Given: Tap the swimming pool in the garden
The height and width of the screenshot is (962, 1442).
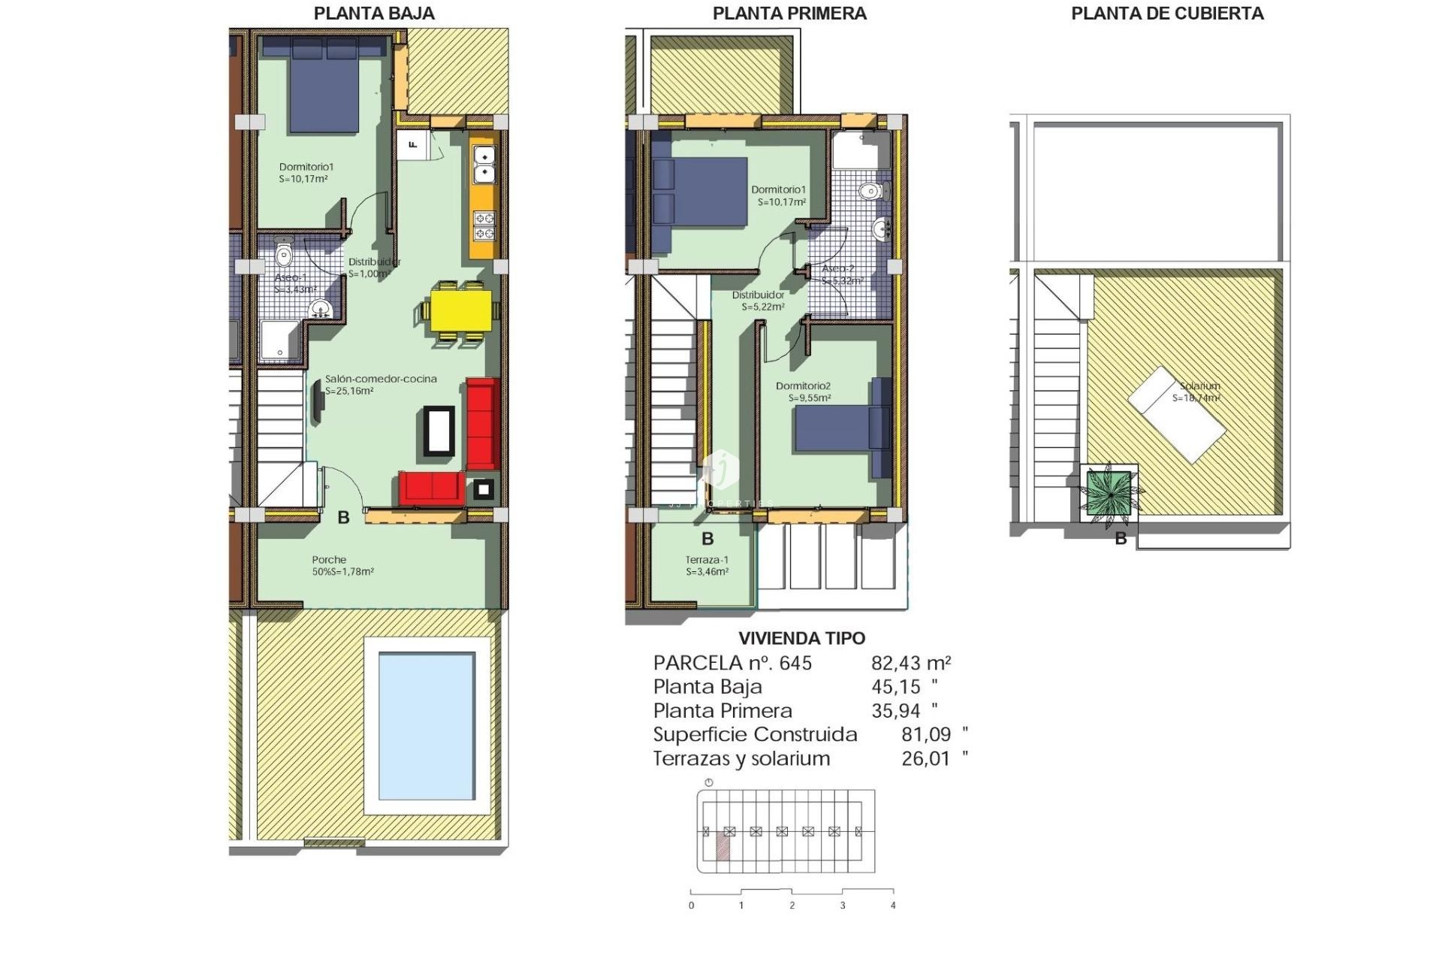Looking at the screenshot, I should (427, 726).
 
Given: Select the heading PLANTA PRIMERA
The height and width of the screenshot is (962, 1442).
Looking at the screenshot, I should (789, 14).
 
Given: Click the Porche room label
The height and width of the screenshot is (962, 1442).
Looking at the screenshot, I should (329, 560).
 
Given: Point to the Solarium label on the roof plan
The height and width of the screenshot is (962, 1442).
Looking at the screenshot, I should (1199, 386).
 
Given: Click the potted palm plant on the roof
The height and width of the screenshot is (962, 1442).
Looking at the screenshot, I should (1109, 493).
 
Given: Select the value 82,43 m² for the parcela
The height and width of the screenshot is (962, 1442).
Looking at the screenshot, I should (910, 663).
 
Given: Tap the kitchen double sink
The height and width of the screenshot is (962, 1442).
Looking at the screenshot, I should (484, 165).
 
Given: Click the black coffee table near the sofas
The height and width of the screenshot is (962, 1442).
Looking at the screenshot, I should (439, 430).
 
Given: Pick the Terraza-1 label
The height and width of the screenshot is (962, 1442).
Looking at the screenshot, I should (707, 560).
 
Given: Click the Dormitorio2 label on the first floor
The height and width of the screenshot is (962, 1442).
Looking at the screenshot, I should (803, 386).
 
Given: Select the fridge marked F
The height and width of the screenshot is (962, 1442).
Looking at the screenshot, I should (412, 144).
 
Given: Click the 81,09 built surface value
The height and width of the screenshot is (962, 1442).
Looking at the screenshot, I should (925, 734).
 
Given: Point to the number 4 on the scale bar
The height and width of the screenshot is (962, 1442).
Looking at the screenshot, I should (893, 906).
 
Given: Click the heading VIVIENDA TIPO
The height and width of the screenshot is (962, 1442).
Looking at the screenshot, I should (801, 638).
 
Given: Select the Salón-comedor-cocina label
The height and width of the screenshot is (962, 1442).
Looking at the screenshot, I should (381, 379).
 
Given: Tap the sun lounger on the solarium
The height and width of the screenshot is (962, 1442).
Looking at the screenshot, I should (1177, 414).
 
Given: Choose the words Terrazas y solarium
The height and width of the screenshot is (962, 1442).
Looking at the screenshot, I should (741, 758).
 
